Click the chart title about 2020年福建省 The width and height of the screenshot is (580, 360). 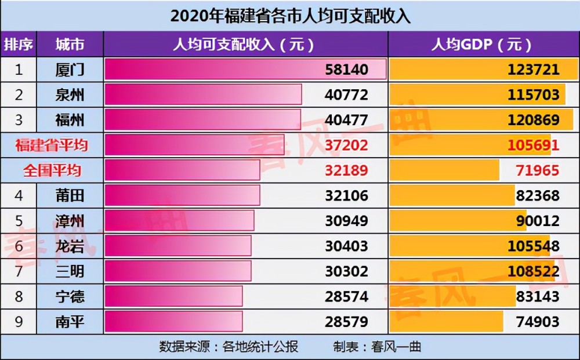(x=290, y=16)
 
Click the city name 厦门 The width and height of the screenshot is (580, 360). (x=70, y=70)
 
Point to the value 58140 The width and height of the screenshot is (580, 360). (x=346, y=70)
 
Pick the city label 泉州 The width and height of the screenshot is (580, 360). (x=70, y=94)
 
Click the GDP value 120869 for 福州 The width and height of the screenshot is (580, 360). (x=533, y=120)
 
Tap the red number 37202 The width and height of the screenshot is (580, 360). (x=346, y=145)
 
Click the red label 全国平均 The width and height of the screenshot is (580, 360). (x=52, y=170)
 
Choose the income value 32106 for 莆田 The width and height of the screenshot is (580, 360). (x=346, y=195)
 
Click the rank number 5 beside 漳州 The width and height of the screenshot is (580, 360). (x=19, y=221)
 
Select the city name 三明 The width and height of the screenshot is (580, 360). (x=70, y=271)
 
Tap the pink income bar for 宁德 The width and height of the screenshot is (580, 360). (x=173, y=296)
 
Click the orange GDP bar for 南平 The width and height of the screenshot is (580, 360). (x=446, y=322)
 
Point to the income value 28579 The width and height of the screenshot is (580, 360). (x=346, y=322)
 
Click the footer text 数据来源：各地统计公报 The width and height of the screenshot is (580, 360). (x=229, y=347)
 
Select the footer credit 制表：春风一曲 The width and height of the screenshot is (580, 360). (x=377, y=347)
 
